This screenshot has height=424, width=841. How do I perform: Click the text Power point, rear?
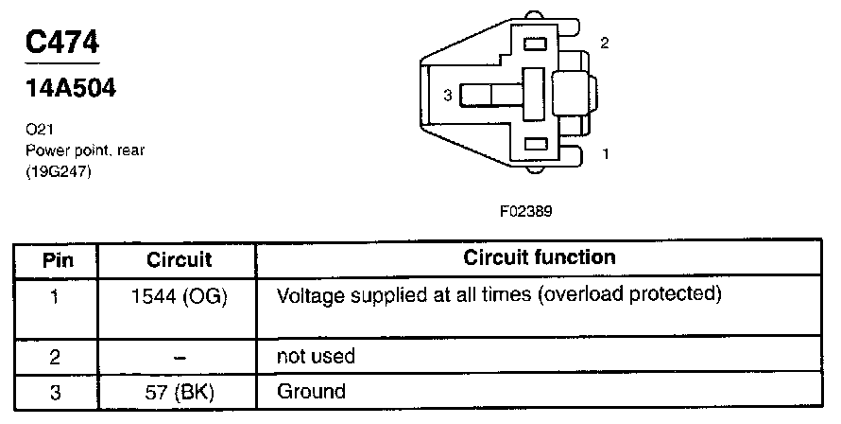point(84,150)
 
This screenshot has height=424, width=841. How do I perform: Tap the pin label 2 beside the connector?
point(605,44)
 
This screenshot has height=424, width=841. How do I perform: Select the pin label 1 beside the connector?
point(605,152)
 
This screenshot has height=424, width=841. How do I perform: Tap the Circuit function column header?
point(540,257)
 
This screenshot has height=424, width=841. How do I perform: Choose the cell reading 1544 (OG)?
point(180,295)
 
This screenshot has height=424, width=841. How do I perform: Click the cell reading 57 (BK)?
point(180,391)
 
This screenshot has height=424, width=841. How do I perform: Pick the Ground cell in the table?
point(311,391)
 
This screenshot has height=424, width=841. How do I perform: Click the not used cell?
point(316,357)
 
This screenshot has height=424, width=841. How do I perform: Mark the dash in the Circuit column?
point(180,358)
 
